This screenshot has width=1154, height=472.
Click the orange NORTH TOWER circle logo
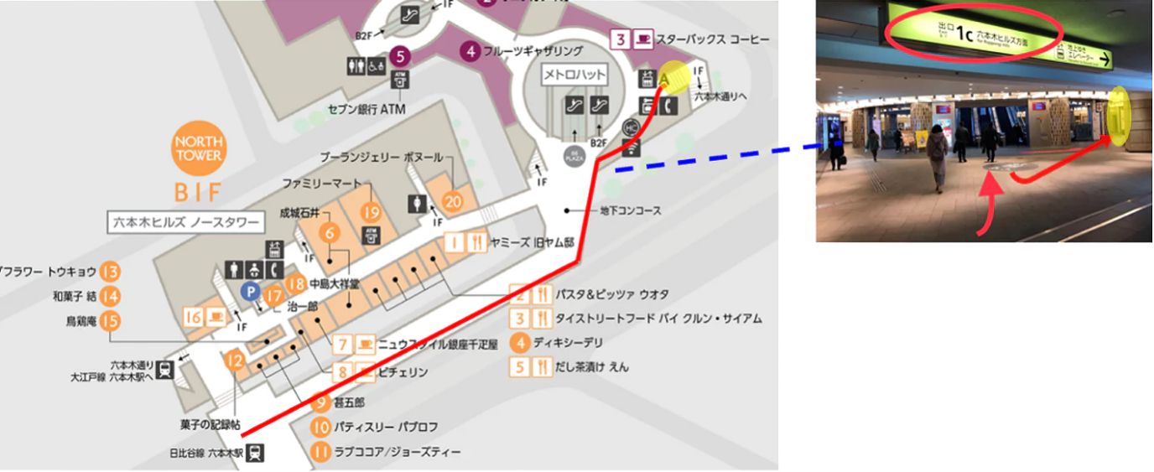tap(199, 148)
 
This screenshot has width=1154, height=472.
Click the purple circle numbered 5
tap(400, 57)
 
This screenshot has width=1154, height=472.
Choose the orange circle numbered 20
tap(453, 201)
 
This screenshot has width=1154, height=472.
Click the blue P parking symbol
tap(248, 290)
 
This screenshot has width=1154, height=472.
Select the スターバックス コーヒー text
tap(712, 39)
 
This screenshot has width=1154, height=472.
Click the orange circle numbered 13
tap(110, 271)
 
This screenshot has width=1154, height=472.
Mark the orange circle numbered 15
tap(110, 320)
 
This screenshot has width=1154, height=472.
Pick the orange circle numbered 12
tap(235, 360)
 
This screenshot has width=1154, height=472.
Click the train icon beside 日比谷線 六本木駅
tap(256, 453)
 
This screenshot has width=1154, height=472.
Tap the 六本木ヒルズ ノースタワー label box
tap(185, 223)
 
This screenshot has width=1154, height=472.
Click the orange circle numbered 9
tap(320, 402)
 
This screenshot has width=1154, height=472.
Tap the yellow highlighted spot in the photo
tap(1119, 115)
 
